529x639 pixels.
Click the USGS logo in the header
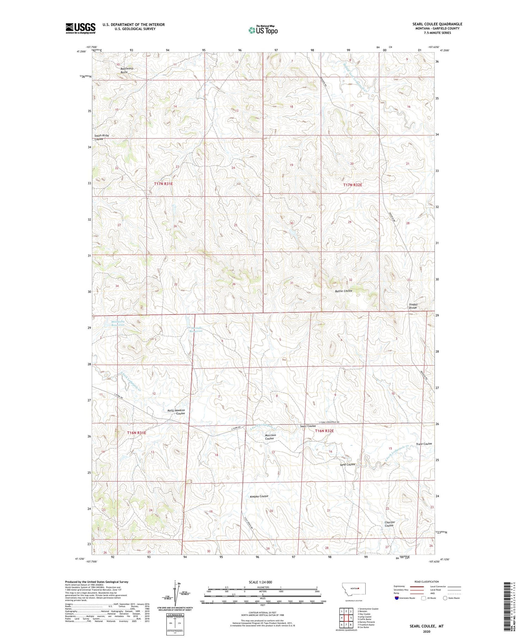pos(80,28)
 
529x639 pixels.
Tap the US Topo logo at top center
pos(263,30)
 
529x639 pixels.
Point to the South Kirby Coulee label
pos(102,137)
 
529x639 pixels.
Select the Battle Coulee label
pos(343,291)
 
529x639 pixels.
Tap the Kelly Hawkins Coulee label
pos(176,412)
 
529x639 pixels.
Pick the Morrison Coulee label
pos(270,437)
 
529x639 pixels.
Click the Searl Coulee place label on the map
pos(308,426)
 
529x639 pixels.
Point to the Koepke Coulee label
pos(259,496)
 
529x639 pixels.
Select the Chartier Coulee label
pos(389,524)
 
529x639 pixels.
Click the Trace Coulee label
pos(424,444)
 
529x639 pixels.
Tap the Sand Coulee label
pos(347,464)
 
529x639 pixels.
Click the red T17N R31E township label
pos(163,184)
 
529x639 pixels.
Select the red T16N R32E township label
pos(324,431)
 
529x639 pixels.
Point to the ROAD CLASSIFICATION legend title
pos(427,582)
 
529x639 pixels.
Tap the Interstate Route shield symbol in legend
pos(397,598)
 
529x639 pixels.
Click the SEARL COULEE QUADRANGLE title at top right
pos(437,24)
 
